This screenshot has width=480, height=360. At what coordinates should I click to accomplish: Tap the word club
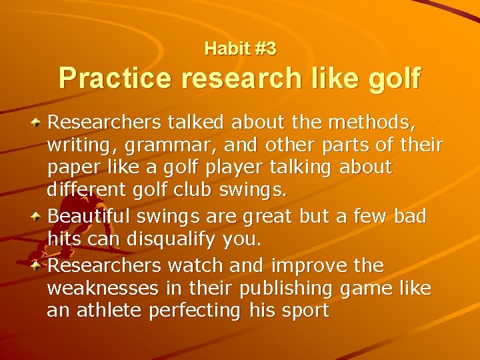[191, 189]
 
